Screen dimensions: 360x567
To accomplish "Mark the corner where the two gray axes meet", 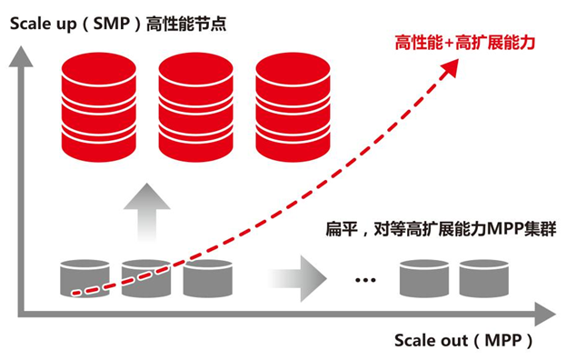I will click(x=19, y=314).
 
